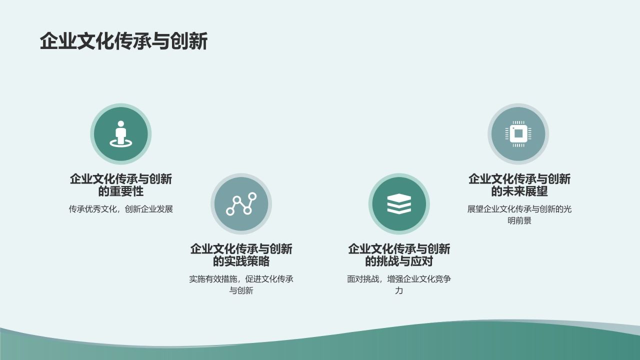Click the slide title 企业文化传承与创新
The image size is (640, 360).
[123, 41]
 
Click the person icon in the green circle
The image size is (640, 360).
[120, 133]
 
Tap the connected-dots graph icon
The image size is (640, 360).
[241, 204]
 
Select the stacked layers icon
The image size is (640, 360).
[399, 204]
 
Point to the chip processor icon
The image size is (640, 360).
[518, 133]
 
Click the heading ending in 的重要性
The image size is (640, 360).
[120, 185]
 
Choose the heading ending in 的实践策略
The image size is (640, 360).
[241, 255]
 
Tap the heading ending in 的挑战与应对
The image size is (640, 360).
[399, 255]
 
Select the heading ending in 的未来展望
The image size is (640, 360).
[519, 185]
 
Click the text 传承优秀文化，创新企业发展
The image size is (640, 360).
[120, 209]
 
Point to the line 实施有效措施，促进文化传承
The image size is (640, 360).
[241, 279]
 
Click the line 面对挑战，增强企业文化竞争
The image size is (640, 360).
[399, 279]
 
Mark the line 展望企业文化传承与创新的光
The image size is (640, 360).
[519, 209]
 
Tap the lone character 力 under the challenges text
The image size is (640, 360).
[399, 290]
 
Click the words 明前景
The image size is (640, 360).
[519, 220]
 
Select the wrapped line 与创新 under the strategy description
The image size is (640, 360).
[241, 290]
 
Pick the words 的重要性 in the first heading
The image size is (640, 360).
[120, 191]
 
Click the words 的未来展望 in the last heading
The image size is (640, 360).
[519, 191]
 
